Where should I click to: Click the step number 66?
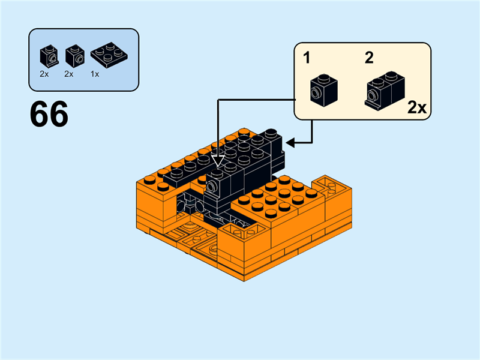(x=49, y=115)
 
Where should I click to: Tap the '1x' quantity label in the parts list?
(x=95, y=74)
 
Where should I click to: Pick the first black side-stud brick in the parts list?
(x=49, y=56)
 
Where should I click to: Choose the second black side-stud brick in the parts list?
(x=74, y=56)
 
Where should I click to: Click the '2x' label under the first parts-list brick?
(x=44, y=74)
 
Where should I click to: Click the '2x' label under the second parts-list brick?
(x=69, y=74)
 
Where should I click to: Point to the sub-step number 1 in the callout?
(x=307, y=58)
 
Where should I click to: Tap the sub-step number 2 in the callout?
(x=369, y=58)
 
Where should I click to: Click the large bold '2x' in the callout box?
(x=416, y=108)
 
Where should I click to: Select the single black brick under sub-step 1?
(x=323, y=91)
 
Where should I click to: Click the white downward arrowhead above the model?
(x=218, y=161)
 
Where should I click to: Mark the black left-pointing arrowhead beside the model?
(x=290, y=143)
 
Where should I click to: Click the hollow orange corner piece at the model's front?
(x=237, y=230)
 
